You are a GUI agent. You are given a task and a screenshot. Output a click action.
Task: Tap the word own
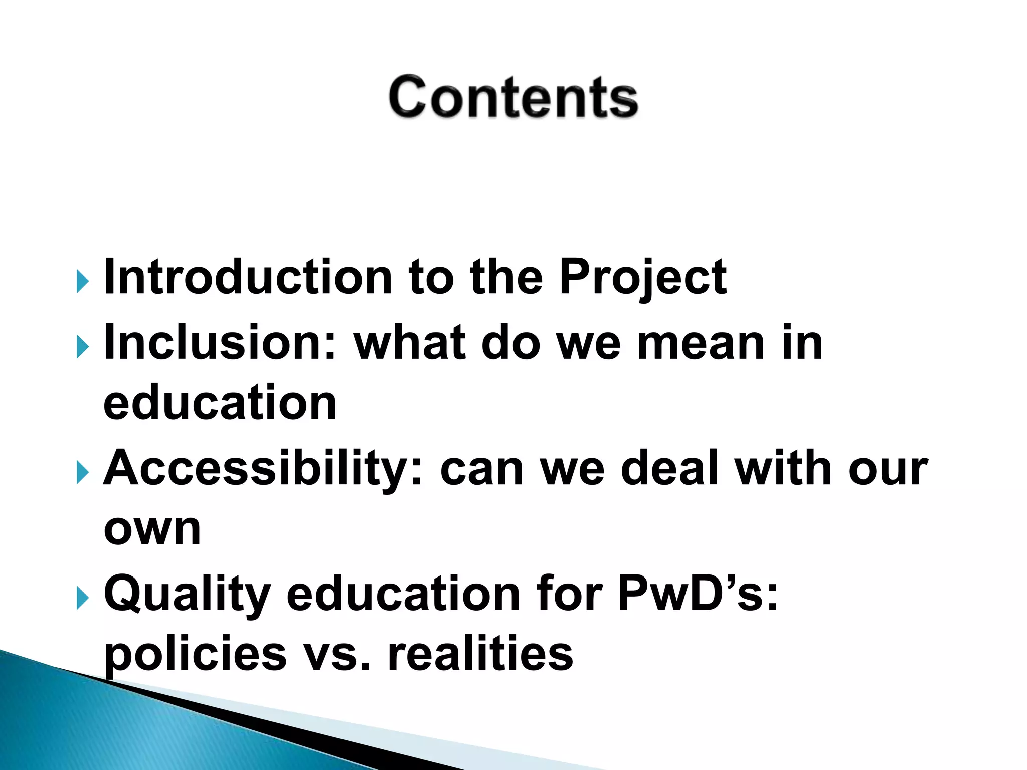click(x=152, y=529)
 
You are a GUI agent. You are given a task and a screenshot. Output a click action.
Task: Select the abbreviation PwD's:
click(x=698, y=594)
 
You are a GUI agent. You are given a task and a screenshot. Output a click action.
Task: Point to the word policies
click(x=195, y=656)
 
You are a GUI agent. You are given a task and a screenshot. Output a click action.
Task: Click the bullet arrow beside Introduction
click(x=83, y=282)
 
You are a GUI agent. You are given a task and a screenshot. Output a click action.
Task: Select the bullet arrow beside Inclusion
click(x=83, y=347)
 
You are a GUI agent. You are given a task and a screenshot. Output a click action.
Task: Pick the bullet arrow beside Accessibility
click(x=83, y=473)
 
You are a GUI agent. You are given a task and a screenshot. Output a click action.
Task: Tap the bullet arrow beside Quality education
click(x=83, y=599)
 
